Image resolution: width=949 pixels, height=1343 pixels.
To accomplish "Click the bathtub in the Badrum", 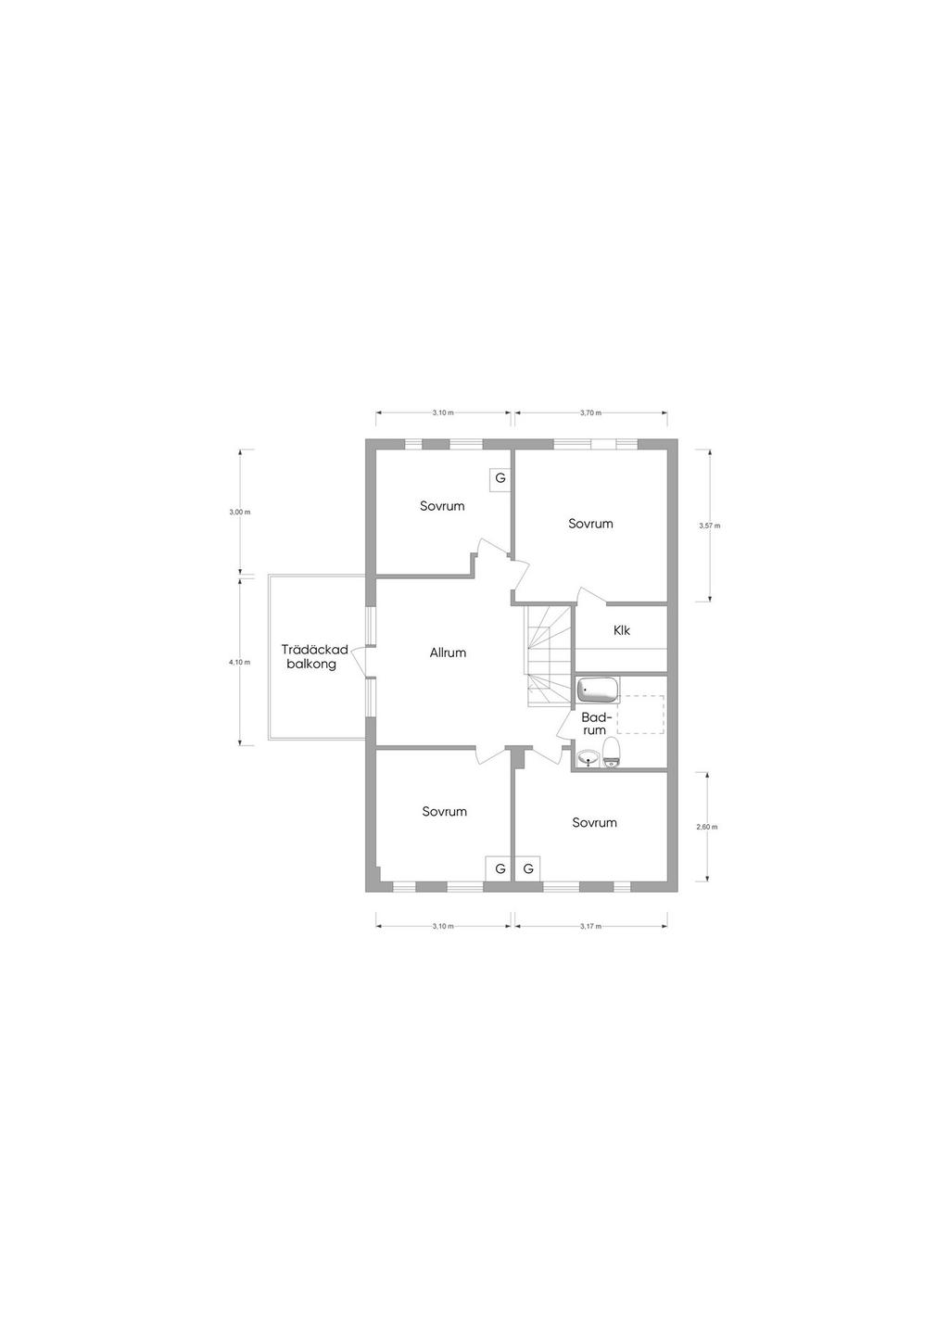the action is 598,690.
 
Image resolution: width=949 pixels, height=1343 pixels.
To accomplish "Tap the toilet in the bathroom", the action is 611,752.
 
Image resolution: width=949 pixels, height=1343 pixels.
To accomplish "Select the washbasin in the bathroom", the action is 588,758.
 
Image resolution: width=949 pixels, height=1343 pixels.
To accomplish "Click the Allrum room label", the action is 448,652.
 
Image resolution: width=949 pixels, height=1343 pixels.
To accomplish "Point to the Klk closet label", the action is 622,630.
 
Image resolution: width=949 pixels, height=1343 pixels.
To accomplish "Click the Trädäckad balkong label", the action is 315,656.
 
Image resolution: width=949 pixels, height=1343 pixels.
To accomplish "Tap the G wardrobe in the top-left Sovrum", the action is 500,478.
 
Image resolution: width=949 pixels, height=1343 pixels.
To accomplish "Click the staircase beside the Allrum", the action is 549,656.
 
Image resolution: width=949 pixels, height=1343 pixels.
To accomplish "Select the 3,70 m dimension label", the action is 590,412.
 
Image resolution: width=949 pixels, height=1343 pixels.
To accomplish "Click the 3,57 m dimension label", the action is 710,526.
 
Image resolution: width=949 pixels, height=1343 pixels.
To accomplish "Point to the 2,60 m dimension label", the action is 707,827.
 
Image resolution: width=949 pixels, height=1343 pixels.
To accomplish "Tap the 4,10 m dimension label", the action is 240,662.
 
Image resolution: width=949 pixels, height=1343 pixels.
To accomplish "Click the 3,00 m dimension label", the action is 240,512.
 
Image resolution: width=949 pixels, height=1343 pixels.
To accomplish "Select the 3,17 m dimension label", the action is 590,926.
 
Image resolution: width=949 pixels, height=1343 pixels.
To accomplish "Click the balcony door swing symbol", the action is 360,662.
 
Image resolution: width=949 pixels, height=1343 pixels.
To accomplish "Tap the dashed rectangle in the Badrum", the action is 641,715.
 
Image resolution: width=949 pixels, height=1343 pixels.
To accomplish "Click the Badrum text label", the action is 595,724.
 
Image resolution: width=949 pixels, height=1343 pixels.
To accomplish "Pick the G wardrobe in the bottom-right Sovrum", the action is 528,868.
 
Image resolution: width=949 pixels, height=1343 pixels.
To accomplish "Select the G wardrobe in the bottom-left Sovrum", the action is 499,868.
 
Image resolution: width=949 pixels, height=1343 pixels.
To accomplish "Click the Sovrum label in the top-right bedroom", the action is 590,524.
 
